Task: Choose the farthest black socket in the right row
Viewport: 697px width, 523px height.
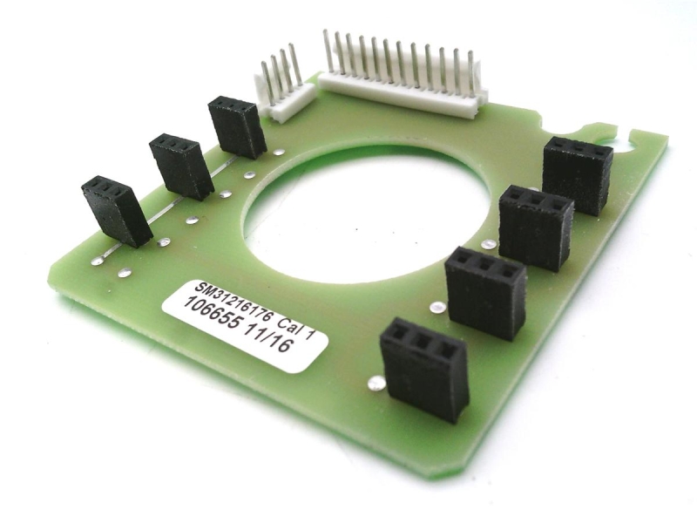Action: [578, 175]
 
